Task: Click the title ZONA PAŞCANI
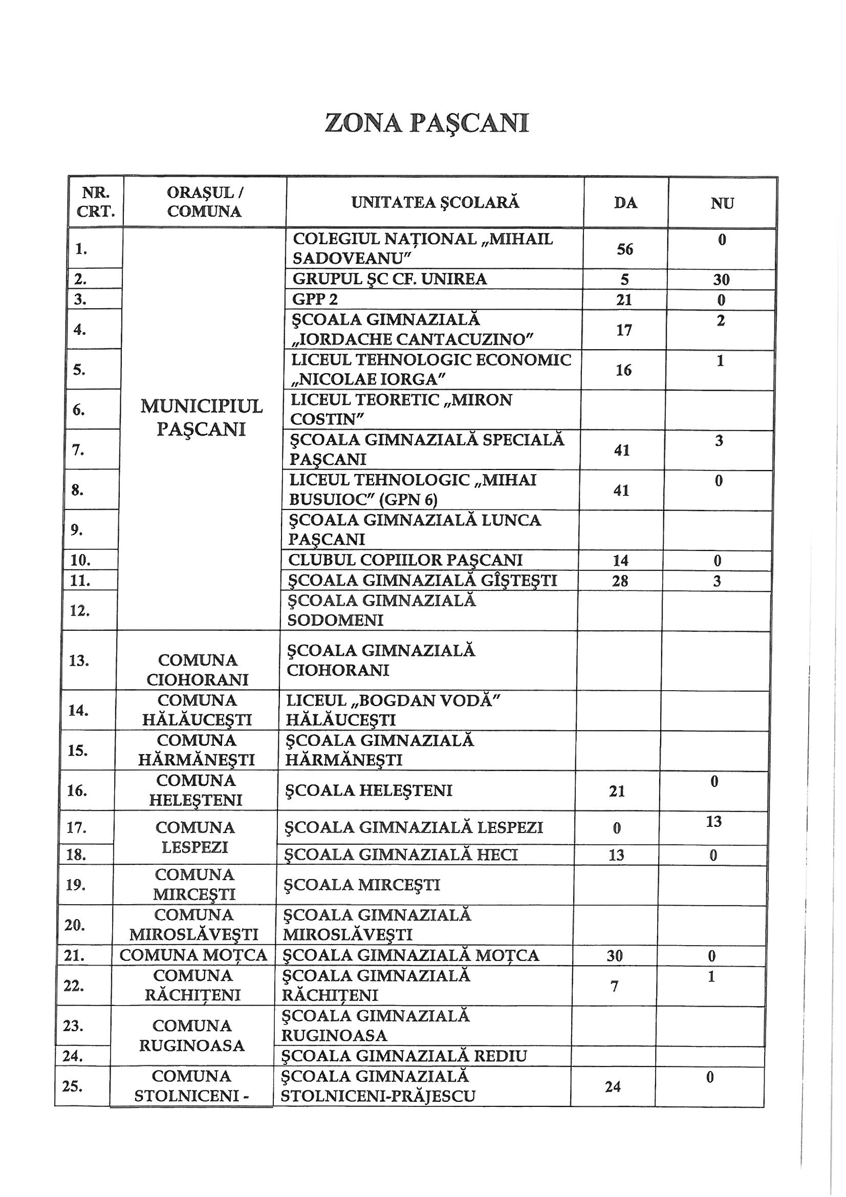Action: point(426,123)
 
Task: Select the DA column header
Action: point(625,203)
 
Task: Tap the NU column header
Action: point(722,203)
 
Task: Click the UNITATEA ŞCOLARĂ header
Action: point(435,202)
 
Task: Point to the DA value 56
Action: point(624,249)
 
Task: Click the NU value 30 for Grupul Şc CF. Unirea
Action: point(721,280)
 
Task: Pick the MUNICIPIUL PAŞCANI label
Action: point(201,418)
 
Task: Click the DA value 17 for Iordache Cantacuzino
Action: point(623,330)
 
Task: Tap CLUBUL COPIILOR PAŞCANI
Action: point(405,560)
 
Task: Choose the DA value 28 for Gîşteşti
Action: point(620,581)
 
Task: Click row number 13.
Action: point(79,660)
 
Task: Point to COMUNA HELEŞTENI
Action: point(196,790)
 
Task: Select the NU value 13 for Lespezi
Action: point(713,822)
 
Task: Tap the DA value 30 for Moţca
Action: point(615,956)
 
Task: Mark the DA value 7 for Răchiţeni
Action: point(614,987)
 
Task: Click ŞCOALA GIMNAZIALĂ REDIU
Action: point(404,1056)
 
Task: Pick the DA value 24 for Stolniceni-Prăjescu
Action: point(613,1086)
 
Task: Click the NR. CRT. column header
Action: point(95,202)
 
